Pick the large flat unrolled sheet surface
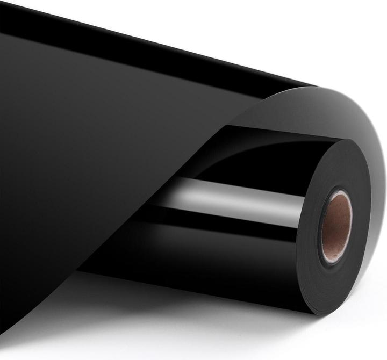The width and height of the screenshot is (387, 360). point(97,161)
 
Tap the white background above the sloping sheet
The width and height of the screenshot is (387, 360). point(215,27)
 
